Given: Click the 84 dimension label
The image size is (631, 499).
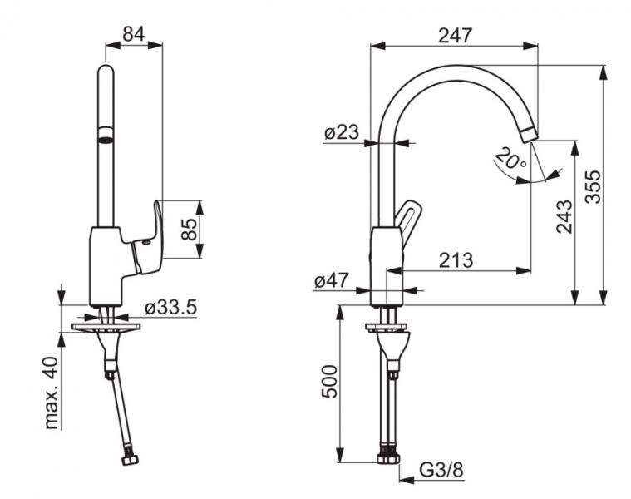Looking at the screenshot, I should [134, 34].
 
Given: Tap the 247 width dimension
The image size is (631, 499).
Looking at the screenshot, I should [454, 35].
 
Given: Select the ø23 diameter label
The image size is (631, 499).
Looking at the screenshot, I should [341, 131].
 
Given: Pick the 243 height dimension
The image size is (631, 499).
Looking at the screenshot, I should [564, 217].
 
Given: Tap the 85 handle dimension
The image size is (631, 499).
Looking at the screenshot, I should [190, 230].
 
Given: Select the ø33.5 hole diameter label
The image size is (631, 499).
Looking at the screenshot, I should [170, 307].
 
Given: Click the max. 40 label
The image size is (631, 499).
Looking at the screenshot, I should [53, 393].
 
